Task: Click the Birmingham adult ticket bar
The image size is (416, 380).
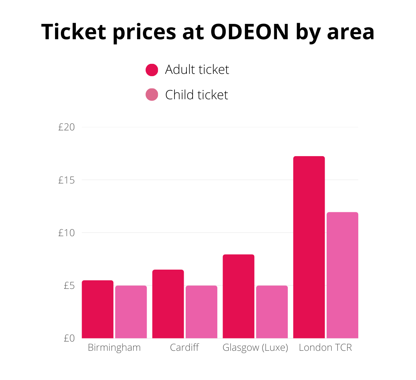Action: pyautogui.click(x=97, y=309)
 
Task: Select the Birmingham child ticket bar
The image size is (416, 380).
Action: pyautogui.click(x=131, y=312)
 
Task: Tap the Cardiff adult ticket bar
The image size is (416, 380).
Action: pyautogui.click(x=168, y=304)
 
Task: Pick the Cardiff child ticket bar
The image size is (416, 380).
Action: pyautogui.click(x=201, y=312)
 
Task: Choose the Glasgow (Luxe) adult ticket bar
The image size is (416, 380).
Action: pyautogui.click(x=238, y=296)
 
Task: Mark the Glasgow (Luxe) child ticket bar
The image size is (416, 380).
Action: pyautogui.click(x=272, y=312)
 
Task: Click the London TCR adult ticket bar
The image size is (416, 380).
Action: pyautogui.click(x=309, y=247)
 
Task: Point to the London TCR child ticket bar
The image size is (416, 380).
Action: pyautogui.click(x=342, y=275)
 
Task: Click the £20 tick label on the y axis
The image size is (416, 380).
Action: pyautogui.click(x=66, y=127)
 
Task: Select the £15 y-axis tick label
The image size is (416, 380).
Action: pyautogui.click(x=66, y=180)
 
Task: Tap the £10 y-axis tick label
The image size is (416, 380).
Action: pyautogui.click(x=66, y=233)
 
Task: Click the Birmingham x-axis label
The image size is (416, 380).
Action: pyautogui.click(x=114, y=348)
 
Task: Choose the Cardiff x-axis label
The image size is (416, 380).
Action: pyautogui.click(x=185, y=348)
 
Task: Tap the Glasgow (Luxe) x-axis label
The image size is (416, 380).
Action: pyautogui.click(x=255, y=348)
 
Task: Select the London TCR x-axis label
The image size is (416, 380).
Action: pyautogui.click(x=325, y=348)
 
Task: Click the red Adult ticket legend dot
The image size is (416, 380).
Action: pyautogui.click(x=152, y=70)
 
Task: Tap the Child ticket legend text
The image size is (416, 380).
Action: pyautogui.click(x=196, y=95)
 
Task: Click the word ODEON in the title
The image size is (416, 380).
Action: pyautogui.click(x=250, y=32)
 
